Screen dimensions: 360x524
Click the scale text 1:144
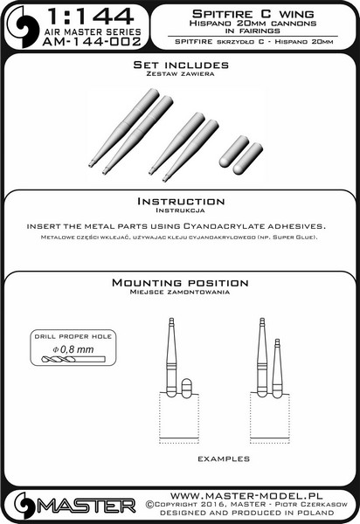coord(91,17)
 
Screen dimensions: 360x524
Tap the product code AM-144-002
coord(92,42)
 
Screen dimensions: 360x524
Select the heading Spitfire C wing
coord(253,14)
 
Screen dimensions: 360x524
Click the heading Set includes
coord(181,65)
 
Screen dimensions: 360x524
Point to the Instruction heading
coord(181,201)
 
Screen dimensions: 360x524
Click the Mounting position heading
coord(180,283)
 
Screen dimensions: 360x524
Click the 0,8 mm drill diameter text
coord(73,349)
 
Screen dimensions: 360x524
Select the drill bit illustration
coord(73,360)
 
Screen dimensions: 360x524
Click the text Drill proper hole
coord(73,336)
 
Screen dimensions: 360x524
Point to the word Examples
coord(224,458)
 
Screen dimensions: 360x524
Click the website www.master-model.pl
coord(246,495)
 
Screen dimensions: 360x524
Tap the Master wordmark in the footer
coord(87,507)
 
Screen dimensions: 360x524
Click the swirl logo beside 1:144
coord(24,26)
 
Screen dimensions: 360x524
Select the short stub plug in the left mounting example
coord(186,389)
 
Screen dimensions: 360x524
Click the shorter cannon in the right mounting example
coord(278,368)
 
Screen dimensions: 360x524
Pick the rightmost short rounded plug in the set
coord(247,159)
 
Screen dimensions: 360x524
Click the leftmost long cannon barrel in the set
coord(124,128)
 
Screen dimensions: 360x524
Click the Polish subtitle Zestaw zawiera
coord(181,74)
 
